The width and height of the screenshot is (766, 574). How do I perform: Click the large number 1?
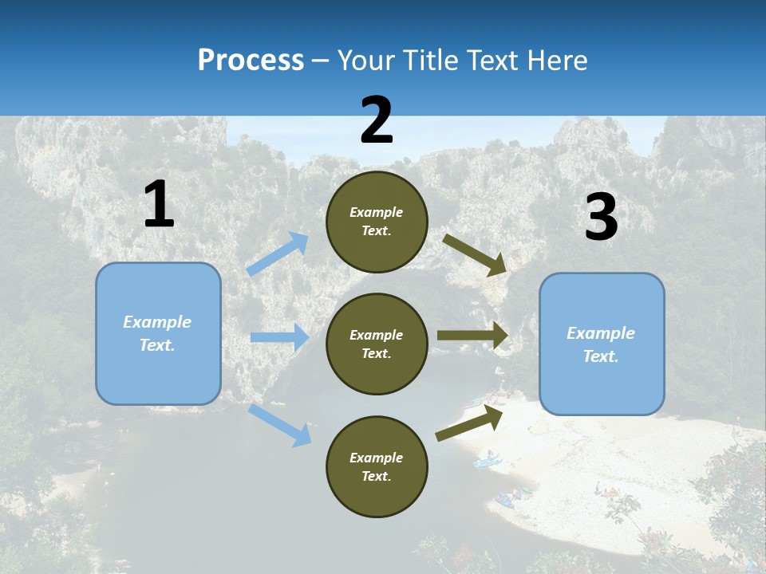[159, 204]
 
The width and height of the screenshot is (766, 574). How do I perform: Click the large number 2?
[377, 120]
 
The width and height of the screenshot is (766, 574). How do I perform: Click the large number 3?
[601, 218]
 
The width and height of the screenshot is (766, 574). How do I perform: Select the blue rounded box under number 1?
[158, 333]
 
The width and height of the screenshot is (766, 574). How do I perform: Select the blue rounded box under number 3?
[602, 344]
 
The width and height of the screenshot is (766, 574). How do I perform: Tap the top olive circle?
[377, 222]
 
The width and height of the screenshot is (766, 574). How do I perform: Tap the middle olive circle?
[377, 344]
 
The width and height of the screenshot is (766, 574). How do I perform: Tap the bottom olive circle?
[377, 466]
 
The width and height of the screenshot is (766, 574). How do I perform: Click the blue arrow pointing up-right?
[278, 254]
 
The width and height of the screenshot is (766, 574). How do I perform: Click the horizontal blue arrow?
[279, 337]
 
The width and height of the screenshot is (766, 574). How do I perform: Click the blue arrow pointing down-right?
[279, 424]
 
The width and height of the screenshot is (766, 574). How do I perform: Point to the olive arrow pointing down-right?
[476, 255]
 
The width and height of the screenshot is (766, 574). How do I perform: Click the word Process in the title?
[251, 60]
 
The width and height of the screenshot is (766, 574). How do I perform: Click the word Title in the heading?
[428, 60]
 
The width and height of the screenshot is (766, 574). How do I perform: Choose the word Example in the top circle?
[377, 212]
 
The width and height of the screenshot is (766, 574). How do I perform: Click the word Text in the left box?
[156, 345]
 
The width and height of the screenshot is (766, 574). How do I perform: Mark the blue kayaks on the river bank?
[487, 460]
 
